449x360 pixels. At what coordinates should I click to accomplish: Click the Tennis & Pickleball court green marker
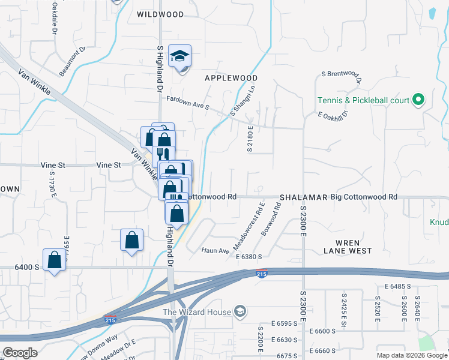(420, 100)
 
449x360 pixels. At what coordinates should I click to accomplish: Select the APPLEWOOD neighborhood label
(231, 78)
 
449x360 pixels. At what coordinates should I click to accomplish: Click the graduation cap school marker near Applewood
(179, 56)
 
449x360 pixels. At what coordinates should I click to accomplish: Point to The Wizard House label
(197, 311)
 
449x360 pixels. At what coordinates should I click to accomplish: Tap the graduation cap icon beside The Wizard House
(240, 311)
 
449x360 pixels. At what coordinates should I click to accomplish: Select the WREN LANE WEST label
(348, 247)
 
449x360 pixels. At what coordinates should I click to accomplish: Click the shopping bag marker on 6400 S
(55, 261)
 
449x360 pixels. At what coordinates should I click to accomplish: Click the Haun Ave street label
(215, 250)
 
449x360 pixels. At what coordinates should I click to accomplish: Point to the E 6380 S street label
(250, 257)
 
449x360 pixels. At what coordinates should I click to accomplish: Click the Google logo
(20, 353)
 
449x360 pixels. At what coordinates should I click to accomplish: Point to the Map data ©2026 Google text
(411, 355)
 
